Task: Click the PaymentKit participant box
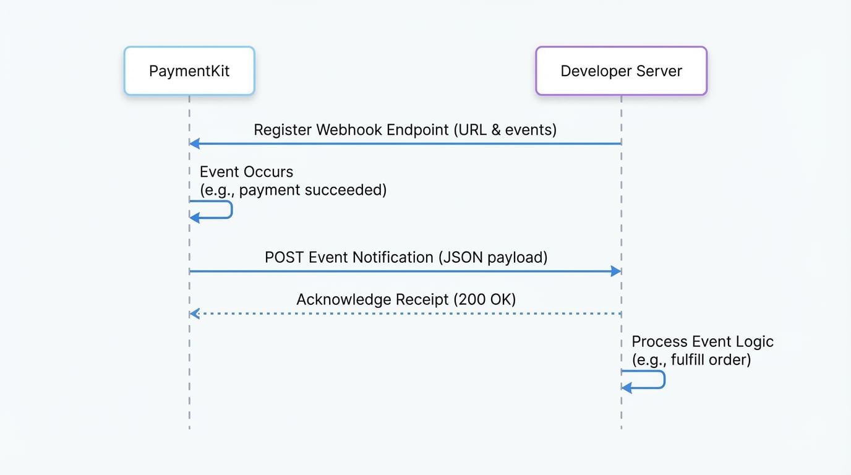pyautogui.click(x=189, y=71)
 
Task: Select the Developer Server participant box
pyautogui.click(x=621, y=71)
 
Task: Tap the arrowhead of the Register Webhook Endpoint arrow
pyautogui.click(x=194, y=143)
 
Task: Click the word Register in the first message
pyautogui.click(x=282, y=130)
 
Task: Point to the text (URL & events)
pyautogui.click(x=505, y=130)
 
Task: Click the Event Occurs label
pyautogui.click(x=246, y=172)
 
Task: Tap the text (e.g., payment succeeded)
pyautogui.click(x=293, y=190)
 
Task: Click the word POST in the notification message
pyautogui.click(x=284, y=257)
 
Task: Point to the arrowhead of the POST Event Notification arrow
pyautogui.click(x=616, y=271)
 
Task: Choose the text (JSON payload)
pyautogui.click(x=493, y=257)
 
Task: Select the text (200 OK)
pyautogui.click(x=485, y=300)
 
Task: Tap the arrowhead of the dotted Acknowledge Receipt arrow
pyautogui.click(x=194, y=314)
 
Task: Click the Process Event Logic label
pyautogui.click(x=702, y=341)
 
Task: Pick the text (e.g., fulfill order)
pyautogui.click(x=691, y=359)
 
